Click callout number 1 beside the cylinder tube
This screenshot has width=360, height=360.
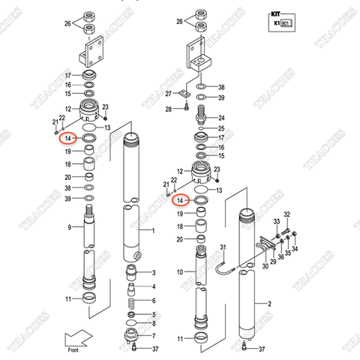[x=153, y=230]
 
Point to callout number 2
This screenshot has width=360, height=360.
[x=268, y=304]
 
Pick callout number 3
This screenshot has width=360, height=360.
[x=154, y=272]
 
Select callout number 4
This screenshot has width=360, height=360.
[x=154, y=286]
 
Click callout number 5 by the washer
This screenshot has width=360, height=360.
[x=154, y=314]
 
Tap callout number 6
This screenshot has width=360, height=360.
[x=154, y=324]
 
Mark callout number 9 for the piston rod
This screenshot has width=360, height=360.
[x=68, y=227]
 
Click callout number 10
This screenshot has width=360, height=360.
[x=179, y=271]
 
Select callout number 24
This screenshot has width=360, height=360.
[x=221, y=118]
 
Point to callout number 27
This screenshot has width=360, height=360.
[x=170, y=94]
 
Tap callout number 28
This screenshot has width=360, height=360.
[x=170, y=109]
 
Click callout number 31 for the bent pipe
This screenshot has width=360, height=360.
[x=222, y=247]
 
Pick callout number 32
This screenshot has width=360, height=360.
[x=286, y=215]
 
